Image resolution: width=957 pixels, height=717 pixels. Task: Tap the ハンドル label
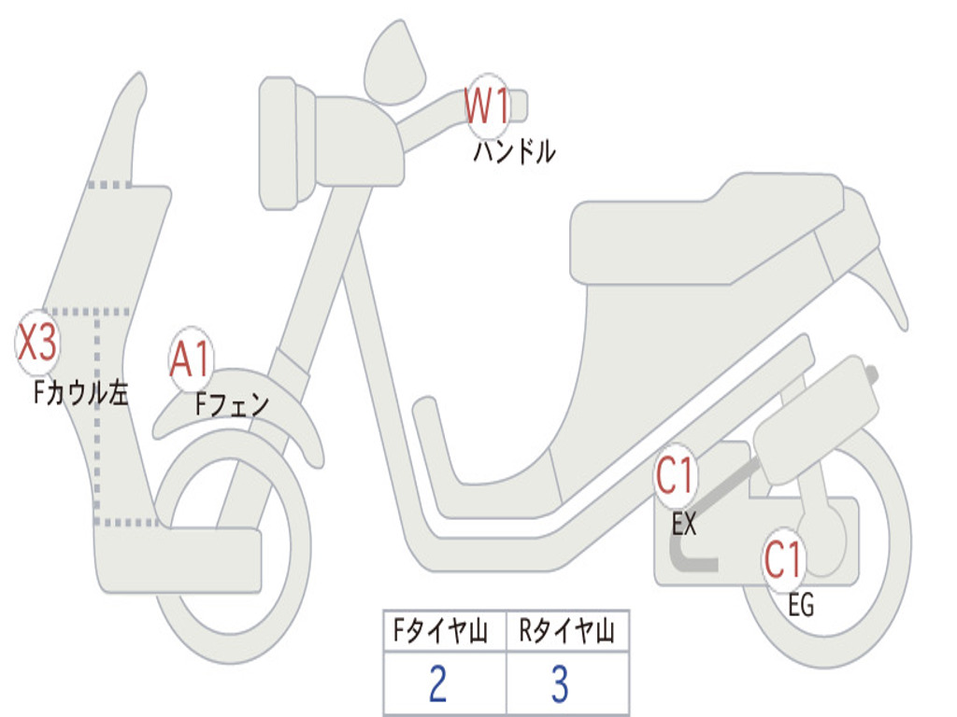(514, 151)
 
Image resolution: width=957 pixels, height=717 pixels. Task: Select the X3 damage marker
(38, 342)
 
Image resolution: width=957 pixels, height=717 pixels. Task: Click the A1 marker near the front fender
(192, 359)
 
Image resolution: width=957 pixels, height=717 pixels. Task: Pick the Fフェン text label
(232, 405)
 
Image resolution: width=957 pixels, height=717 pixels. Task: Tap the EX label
(684, 525)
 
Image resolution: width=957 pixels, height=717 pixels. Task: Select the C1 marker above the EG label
(784, 560)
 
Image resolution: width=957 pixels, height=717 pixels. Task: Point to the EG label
(801, 606)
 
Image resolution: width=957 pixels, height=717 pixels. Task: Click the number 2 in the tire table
(436, 684)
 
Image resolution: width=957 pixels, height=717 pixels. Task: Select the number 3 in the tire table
(560, 684)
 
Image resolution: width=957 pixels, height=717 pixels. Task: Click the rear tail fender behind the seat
(883, 280)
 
